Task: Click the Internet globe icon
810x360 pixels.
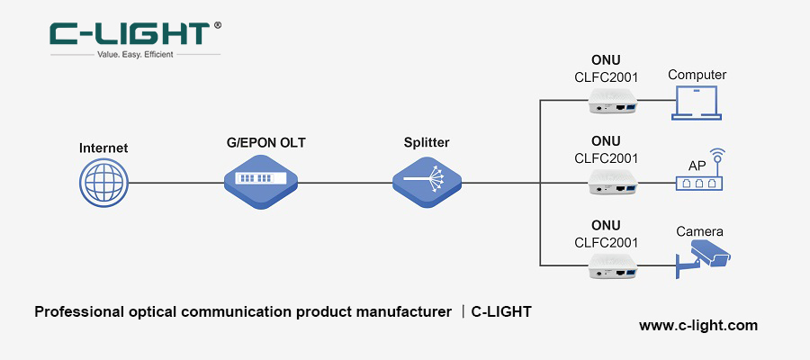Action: coord(103,183)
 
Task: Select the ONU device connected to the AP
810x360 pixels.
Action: coord(613,185)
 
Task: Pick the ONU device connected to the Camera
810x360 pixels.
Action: coord(613,265)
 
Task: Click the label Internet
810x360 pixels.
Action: coord(103,148)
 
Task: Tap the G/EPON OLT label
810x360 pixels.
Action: coord(259,142)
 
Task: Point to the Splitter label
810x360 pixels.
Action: coord(427,142)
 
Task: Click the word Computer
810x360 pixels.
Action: coord(697,75)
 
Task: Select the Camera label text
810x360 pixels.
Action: coord(699,231)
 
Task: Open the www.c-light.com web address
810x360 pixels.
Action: coord(698,325)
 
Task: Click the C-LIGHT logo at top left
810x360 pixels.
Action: coord(130,34)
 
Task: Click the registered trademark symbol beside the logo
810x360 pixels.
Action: coord(217,26)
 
